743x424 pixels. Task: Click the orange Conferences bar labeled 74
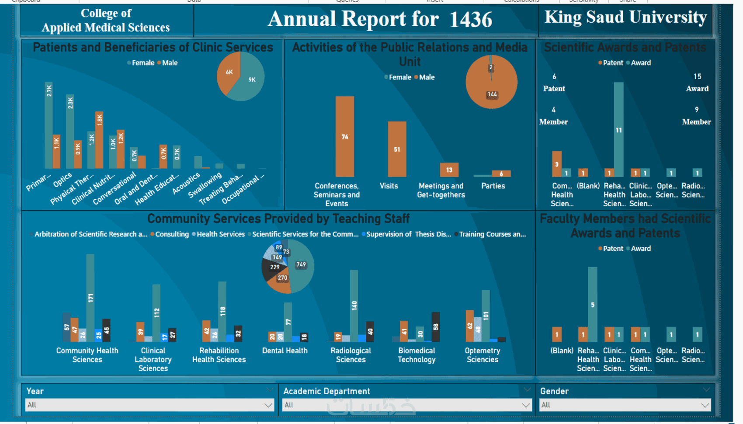[x=345, y=136]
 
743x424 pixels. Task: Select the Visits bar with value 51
[x=397, y=149]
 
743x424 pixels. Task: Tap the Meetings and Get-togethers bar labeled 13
[x=449, y=170]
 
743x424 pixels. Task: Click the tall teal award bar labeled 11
[x=618, y=129]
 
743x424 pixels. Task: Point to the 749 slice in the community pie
[x=301, y=267]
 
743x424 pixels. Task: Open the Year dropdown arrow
[x=268, y=405]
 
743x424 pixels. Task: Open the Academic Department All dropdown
[x=406, y=405]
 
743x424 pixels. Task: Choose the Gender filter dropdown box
[x=625, y=405]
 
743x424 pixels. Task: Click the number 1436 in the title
[x=470, y=20]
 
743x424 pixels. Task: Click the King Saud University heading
[x=625, y=17]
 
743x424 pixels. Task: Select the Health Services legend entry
[x=220, y=234]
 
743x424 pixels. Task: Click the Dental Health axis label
[x=285, y=351]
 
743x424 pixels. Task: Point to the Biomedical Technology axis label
[x=417, y=355]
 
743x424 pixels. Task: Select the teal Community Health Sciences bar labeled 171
[x=90, y=298]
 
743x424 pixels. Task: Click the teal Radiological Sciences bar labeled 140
[x=354, y=305]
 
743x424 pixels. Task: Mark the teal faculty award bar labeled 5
[x=593, y=304]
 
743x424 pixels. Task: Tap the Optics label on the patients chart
[x=62, y=179]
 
